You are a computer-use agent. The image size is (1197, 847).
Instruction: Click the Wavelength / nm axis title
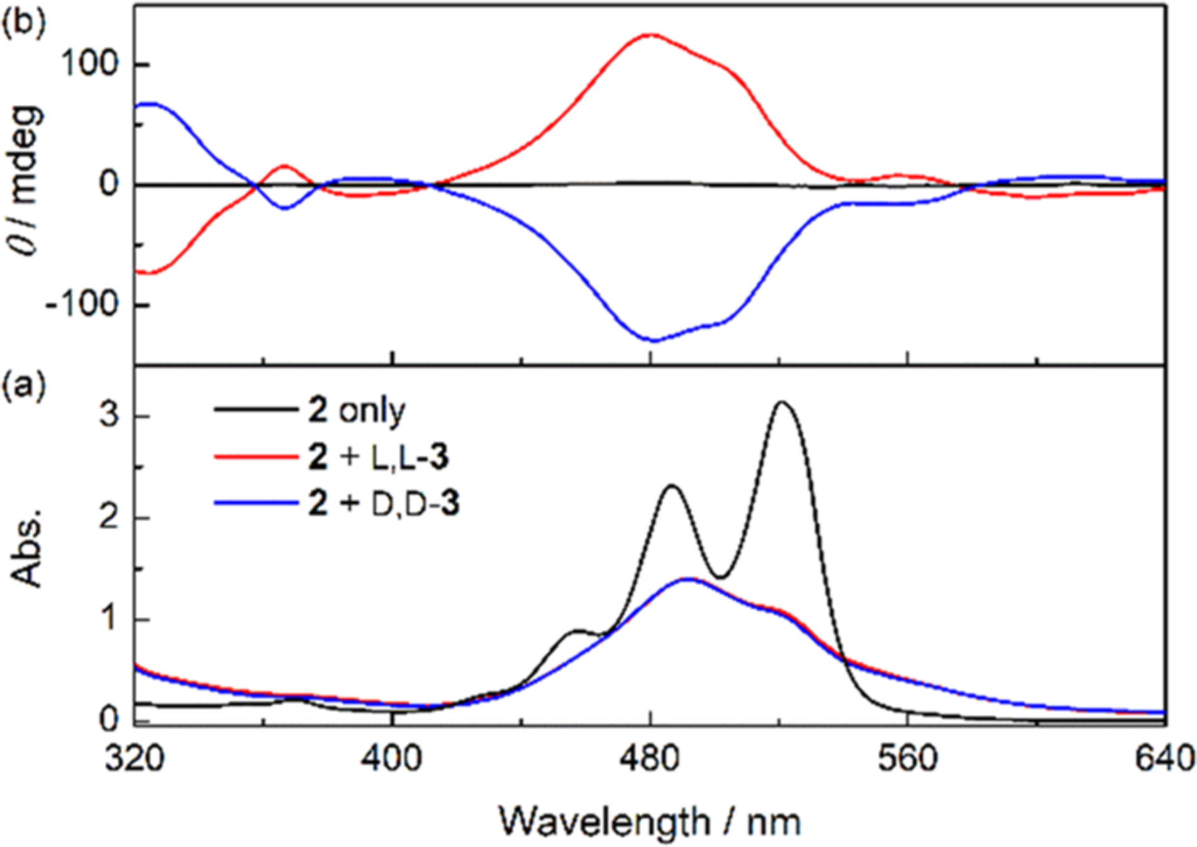tap(650, 821)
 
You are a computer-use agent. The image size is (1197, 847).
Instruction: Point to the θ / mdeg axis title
tap(26, 181)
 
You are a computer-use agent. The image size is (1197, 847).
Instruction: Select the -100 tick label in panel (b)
tap(82, 304)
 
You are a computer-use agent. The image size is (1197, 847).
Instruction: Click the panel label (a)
tap(24, 386)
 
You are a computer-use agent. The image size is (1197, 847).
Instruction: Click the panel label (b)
tap(24, 23)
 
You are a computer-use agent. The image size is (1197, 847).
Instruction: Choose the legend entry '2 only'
tap(356, 410)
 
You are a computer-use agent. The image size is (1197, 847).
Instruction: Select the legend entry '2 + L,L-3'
tap(378, 457)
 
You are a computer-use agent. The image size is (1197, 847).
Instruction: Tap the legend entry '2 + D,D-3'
tap(383, 503)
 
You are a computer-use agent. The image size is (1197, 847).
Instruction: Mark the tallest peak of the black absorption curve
tap(782, 403)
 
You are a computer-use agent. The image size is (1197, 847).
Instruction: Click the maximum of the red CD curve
tap(650, 35)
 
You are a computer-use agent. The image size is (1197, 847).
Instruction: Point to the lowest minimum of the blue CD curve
tap(653, 341)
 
